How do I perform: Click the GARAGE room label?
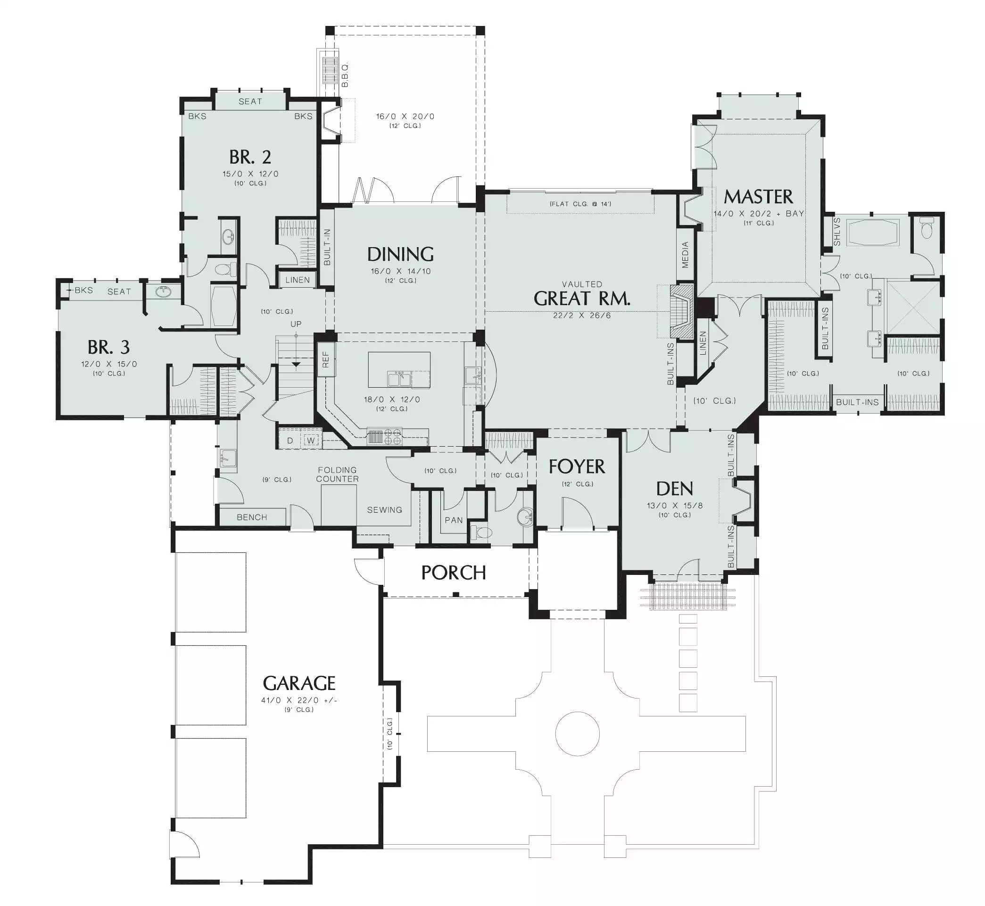coord(299,683)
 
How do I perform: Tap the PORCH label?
coord(453,573)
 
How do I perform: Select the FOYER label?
coord(577,467)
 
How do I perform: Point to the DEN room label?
coord(675,489)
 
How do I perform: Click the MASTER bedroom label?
coord(758,197)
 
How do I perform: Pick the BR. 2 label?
coord(250,157)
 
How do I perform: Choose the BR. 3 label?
coord(109,347)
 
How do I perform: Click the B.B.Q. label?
coord(345,75)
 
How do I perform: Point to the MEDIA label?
coord(685,255)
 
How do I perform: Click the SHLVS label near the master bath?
coord(837,232)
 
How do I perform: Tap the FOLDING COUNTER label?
coord(337,474)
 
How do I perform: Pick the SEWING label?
coord(385,510)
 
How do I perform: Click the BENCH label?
coord(252,517)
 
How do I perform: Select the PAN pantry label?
coord(454,520)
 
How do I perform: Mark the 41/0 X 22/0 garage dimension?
coord(299,700)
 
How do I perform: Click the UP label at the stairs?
coord(296,324)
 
